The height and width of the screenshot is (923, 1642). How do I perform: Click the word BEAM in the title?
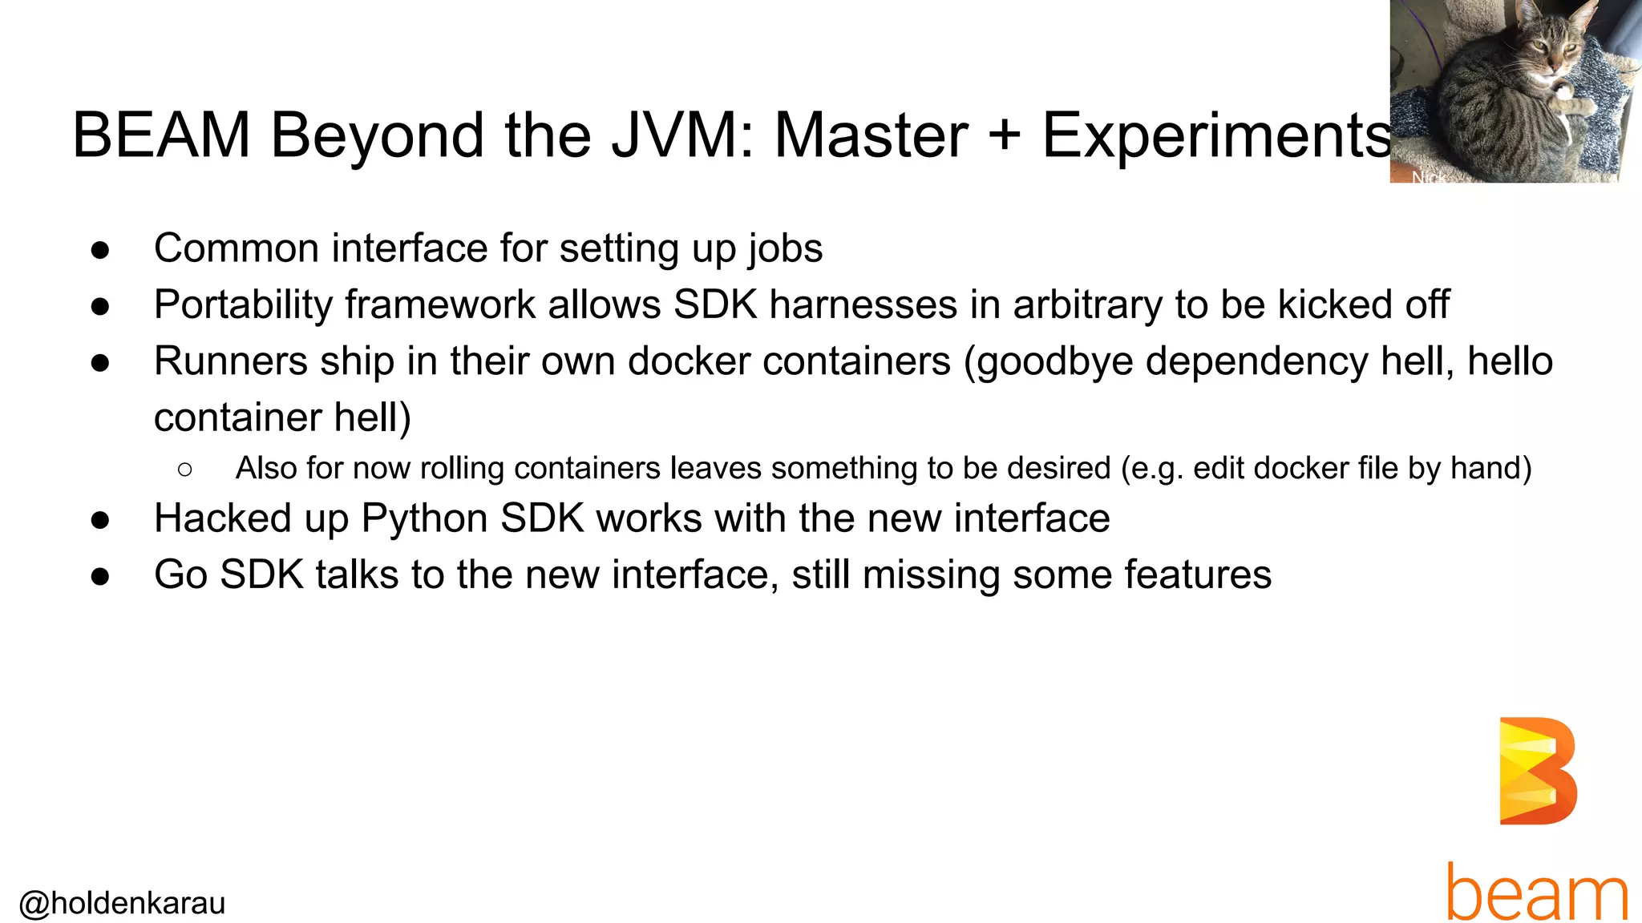(x=161, y=135)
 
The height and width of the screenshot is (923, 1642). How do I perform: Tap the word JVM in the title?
(x=681, y=135)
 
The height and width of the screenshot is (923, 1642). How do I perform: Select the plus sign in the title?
(x=1004, y=135)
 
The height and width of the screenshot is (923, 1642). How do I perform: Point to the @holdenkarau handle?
(x=122, y=903)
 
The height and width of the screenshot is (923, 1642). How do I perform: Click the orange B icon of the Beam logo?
(x=1537, y=771)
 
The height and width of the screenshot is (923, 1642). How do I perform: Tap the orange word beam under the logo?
(x=1537, y=891)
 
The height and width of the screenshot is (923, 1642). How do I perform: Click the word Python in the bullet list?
(x=424, y=518)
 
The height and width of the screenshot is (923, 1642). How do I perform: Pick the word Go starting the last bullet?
(x=180, y=575)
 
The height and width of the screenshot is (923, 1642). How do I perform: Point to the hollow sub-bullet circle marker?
(x=185, y=470)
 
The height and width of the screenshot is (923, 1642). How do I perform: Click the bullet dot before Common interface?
(x=100, y=250)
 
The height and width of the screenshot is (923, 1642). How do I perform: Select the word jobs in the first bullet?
(x=785, y=248)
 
